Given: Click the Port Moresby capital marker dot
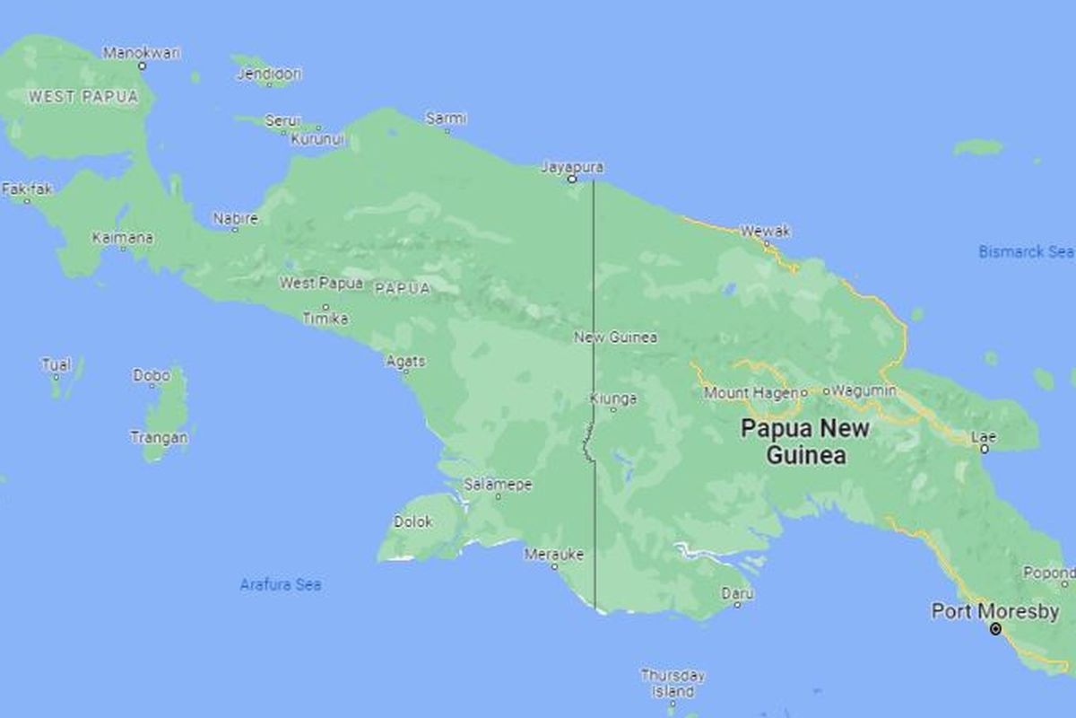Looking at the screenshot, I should [x=995, y=630].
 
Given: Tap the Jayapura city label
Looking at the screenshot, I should [x=572, y=167].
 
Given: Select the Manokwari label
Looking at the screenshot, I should [x=142, y=53].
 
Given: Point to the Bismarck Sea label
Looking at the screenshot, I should [x=1026, y=252].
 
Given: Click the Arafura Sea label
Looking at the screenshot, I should [x=281, y=585].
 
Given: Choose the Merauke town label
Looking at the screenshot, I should [x=554, y=554].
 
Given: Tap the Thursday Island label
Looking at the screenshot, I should [x=672, y=683].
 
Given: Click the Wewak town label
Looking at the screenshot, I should [x=766, y=232].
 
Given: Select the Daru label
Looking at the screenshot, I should [x=737, y=592].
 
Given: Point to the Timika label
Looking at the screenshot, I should [x=325, y=319].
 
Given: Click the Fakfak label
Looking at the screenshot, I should [x=23, y=189].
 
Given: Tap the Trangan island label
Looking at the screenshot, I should [x=160, y=438].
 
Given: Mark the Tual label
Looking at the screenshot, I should [x=56, y=364].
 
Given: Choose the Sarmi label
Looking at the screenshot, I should [x=446, y=118].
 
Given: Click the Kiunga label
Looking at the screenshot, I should [x=614, y=398].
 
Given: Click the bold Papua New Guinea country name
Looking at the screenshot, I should [x=805, y=442].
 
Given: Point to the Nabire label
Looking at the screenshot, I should [x=236, y=218].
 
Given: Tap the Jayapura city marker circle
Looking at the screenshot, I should [x=572, y=179].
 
